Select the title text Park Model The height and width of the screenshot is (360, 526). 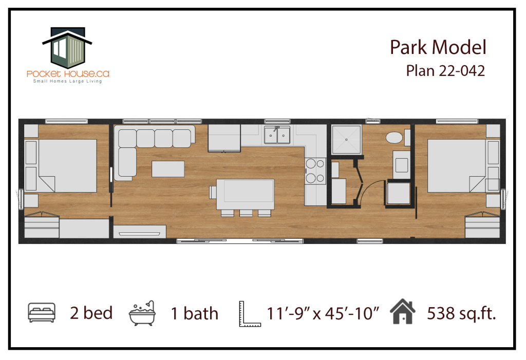click(438, 47)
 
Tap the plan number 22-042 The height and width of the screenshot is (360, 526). click(464, 71)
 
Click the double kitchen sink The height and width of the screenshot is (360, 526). click(277, 135)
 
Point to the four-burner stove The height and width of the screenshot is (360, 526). click(315, 171)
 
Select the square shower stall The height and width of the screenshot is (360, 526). click(347, 139)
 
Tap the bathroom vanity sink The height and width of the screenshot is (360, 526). click(402, 165)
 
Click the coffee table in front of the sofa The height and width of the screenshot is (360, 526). click(168, 169)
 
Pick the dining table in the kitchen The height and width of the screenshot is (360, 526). click(245, 194)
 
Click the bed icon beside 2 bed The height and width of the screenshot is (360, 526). click(42, 313)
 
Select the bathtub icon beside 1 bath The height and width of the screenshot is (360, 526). click(142, 313)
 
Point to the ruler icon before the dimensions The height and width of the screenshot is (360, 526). click(250, 314)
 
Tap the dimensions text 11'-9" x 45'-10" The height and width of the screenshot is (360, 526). click(323, 314)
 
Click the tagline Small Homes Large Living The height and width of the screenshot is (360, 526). click(67, 81)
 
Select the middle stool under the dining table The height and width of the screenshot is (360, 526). click(246, 213)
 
